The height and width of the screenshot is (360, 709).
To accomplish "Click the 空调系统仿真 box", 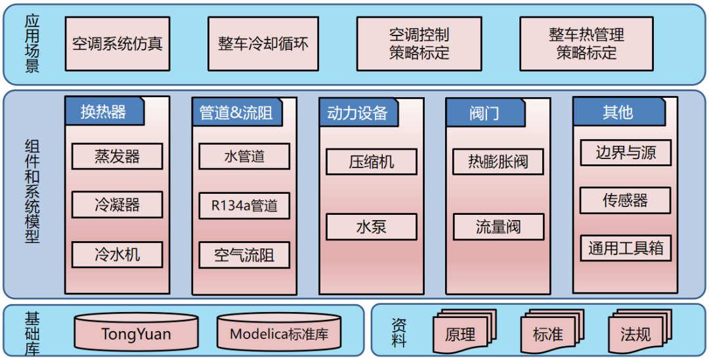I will tap(118, 44).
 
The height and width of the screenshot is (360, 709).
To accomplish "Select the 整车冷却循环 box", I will tap(263, 44).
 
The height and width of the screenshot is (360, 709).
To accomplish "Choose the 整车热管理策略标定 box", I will tap(586, 44).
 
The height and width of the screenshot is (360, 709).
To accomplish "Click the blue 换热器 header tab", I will tap(104, 112).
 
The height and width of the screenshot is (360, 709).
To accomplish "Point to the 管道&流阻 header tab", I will tap(236, 112).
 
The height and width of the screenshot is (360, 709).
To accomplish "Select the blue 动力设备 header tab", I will tap(357, 113).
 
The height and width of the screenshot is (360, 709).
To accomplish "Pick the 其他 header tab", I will tap(617, 112).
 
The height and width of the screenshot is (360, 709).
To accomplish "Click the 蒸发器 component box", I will tap(118, 156).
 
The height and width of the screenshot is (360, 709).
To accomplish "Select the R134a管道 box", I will tap(244, 206).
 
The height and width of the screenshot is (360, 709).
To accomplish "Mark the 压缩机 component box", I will tap(372, 162).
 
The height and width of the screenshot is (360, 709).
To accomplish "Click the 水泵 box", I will tap(372, 227).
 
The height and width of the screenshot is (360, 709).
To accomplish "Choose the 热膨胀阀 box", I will tap(498, 162).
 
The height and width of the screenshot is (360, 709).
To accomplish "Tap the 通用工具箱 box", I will tap(626, 248).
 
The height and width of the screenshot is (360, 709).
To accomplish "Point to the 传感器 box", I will tap(626, 200).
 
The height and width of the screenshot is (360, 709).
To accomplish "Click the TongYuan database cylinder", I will tap(136, 333).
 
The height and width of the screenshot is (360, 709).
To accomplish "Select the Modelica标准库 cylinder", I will tap(279, 333).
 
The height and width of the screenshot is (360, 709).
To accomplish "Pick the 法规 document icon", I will tap(635, 334).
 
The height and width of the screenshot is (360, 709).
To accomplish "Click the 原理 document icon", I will tap(460, 334).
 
